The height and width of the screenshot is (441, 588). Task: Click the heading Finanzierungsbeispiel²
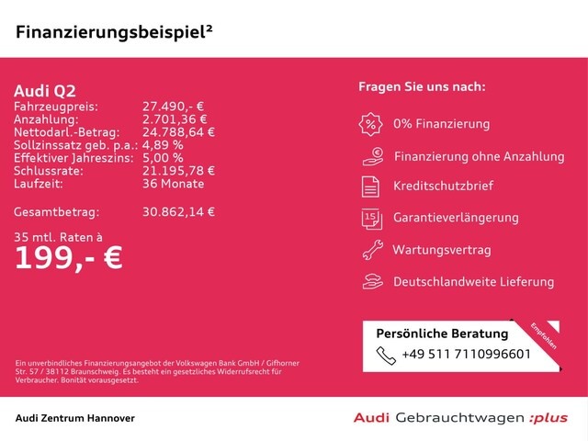point(115,31)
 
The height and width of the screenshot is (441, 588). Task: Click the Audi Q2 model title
point(45,90)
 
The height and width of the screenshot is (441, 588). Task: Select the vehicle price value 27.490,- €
point(175,107)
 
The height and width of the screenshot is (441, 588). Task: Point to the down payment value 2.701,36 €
point(175,119)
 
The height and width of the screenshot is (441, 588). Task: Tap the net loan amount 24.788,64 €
point(178,132)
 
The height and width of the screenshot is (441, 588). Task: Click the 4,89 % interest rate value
point(163,145)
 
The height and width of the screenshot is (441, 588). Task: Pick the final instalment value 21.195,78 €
point(178,171)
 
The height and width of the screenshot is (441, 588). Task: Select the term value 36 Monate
point(173,184)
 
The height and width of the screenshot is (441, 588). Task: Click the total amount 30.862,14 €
point(178,211)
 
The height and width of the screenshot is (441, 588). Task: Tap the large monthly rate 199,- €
point(68,257)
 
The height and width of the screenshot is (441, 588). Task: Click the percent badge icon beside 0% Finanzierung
point(371,124)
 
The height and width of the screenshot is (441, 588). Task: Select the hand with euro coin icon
point(371,155)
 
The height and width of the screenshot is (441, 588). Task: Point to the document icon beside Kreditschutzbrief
point(371,187)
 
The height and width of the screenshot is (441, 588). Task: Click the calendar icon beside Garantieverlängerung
point(371,218)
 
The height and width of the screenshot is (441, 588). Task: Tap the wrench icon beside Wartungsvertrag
point(371,249)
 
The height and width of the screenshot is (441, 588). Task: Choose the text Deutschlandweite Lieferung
point(473,282)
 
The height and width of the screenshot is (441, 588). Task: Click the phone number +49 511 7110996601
point(466,354)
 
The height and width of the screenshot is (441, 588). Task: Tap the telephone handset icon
point(385,354)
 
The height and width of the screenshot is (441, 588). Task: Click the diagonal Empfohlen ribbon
point(543,336)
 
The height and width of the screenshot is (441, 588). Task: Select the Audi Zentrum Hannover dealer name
point(75,418)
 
